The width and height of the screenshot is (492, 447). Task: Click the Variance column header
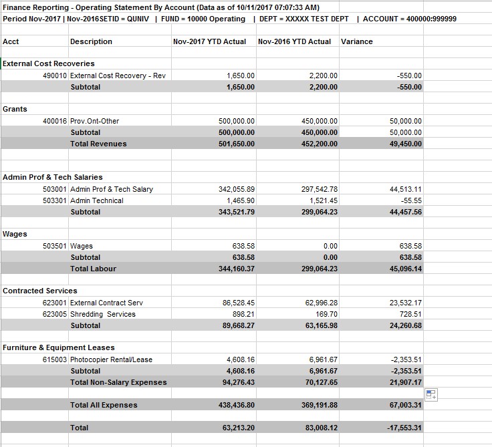pyautogui.click(x=356, y=41)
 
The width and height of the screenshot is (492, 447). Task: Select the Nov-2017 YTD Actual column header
pyautogui.click(x=209, y=41)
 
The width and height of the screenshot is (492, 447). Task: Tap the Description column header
pyautogui.click(x=91, y=41)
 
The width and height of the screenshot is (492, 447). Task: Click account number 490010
pyautogui.click(x=55, y=76)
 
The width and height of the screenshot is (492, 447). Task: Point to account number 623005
pyautogui.click(x=55, y=314)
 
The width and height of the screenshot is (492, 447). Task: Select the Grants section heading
pyautogui.click(x=15, y=108)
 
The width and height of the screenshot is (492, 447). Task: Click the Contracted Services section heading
pyautogui.click(x=40, y=291)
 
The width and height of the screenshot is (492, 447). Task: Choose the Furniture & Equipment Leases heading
pyautogui.click(x=59, y=347)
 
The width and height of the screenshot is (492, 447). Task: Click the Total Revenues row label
pyautogui.click(x=98, y=144)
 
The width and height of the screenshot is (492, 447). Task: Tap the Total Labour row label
pyautogui.click(x=93, y=269)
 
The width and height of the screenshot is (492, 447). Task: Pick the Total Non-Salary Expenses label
pyautogui.click(x=118, y=382)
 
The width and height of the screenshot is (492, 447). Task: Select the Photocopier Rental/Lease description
pyautogui.click(x=111, y=359)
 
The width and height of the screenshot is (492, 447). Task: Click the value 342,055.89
pyautogui.click(x=237, y=189)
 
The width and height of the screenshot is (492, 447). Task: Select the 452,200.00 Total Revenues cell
pyautogui.click(x=320, y=144)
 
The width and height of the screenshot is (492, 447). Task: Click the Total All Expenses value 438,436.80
pyautogui.click(x=236, y=405)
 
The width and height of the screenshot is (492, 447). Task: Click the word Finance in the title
pyautogui.click(x=16, y=7)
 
